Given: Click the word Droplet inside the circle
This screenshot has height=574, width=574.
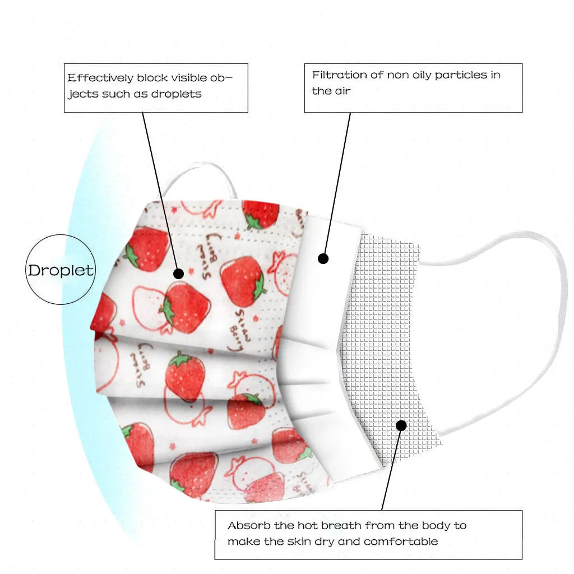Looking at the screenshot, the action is [61, 270].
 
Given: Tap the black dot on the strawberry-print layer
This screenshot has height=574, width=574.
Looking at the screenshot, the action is [178, 274].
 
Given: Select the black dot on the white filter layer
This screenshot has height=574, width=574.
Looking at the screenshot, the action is [323, 258].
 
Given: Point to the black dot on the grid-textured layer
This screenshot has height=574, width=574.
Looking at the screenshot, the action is [401, 425].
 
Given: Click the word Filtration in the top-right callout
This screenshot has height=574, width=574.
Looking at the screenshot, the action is [339, 75].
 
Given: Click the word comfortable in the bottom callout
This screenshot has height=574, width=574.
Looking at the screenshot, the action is [401, 541].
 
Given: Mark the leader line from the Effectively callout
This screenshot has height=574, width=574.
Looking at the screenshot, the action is [160, 191].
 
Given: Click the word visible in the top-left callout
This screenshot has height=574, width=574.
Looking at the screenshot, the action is [173, 78].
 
